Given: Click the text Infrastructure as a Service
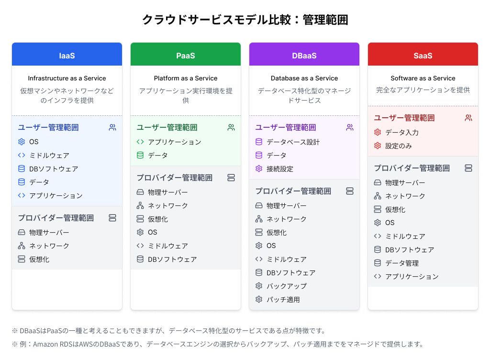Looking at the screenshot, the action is point(67,78).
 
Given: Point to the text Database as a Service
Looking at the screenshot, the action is point(304,78).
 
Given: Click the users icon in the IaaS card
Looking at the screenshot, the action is point(112,127).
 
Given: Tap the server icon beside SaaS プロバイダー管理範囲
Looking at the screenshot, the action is point(468,168).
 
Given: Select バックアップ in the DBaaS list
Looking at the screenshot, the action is point(287,286).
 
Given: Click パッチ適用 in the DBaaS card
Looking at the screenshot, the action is point(283,299).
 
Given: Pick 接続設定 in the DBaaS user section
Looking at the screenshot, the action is point(280,169).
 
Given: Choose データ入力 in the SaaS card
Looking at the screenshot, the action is point(402,133).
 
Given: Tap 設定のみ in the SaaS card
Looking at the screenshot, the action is point(399,146).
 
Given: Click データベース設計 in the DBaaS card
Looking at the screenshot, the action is point(293,142).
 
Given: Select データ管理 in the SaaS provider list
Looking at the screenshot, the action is point(402,263).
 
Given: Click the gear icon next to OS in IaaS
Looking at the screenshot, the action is point(22,142).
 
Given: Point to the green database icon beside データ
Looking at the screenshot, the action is point(140,155).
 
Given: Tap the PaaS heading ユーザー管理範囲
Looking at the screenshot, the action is point(167,127).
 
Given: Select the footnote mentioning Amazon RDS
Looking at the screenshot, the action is point(218,344).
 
